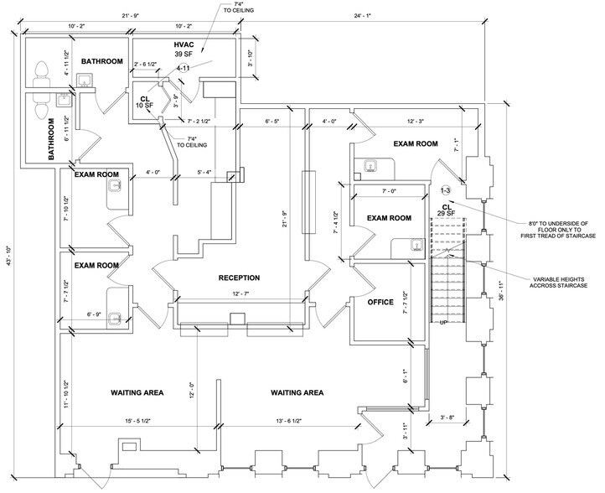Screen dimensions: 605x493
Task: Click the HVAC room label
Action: pos(184,44)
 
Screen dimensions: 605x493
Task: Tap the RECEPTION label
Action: pos(239,278)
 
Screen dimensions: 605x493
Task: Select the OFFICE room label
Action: pos(380,303)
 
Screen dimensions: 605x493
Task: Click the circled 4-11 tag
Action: pos(184,69)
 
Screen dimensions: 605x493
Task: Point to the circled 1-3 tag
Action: pos(445,190)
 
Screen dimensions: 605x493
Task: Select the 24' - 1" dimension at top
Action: pos(362,16)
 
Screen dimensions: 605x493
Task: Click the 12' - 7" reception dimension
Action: pos(240,293)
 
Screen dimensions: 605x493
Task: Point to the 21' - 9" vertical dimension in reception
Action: pos(285,220)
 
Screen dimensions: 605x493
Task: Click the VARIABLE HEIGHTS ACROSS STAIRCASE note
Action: pos(558,283)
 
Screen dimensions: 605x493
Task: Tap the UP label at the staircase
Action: pos(443,322)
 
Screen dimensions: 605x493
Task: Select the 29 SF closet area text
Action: pos(446,214)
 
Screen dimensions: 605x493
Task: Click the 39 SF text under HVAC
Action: pos(184,54)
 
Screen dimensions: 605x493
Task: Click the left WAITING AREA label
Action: pos(137,393)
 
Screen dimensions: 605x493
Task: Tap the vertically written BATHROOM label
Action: pos(51,139)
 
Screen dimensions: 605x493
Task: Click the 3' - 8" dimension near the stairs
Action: pos(447,418)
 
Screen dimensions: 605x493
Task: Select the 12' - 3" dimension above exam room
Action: pos(416,122)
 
